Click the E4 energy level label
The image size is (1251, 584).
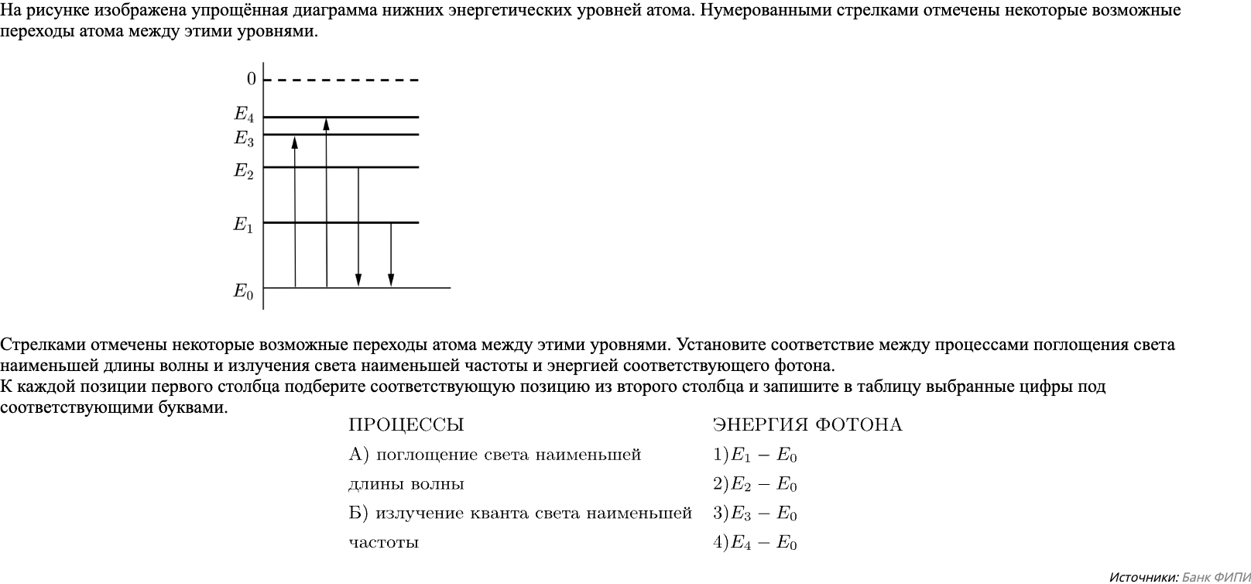(x=244, y=115)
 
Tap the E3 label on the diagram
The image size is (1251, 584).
(x=244, y=139)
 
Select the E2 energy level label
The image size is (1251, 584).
(x=244, y=171)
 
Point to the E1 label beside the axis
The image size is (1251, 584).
(x=244, y=225)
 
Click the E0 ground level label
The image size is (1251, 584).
(x=244, y=292)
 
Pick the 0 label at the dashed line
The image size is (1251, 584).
(x=252, y=79)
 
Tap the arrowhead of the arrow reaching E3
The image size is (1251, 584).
(x=295, y=142)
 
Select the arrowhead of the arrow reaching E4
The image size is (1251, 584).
(x=327, y=124)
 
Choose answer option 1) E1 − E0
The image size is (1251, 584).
(x=755, y=455)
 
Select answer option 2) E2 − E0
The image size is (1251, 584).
(x=755, y=485)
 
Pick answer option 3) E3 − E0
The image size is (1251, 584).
(x=755, y=514)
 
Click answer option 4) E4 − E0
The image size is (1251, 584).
(x=755, y=543)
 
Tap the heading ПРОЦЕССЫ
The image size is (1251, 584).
(x=406, y=425)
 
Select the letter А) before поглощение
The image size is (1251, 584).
(x=358, y=455)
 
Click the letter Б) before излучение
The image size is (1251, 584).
(x=358, y=514)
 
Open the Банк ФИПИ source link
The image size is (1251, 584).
(x=1216, y=577)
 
